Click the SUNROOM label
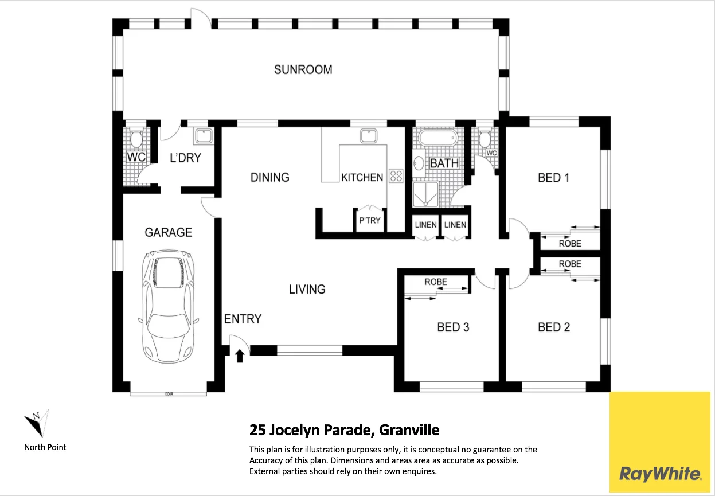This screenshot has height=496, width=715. pos(303,70)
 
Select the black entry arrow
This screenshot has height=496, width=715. pos(240,356)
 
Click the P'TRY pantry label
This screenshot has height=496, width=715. pos(369,220)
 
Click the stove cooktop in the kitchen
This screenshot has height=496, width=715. pos(396,176)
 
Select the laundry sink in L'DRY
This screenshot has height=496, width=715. pos(203,136)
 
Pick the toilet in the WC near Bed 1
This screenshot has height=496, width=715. pos(485,138)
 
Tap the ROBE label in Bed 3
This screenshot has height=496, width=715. pos(436,282)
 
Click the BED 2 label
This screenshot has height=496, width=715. pos(553,327)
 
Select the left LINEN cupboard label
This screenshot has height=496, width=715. pos(425,225)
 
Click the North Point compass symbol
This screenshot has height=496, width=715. pos(36,424)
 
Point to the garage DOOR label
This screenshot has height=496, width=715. pos(169,394)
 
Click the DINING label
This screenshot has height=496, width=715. pos(269,177)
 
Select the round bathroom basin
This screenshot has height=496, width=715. pos(419,163)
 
